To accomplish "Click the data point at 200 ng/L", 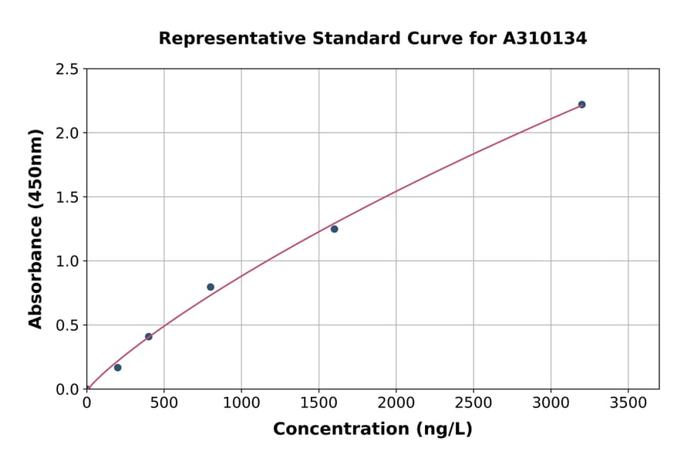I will tap(117, 368).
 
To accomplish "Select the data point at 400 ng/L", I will tap(149, 337).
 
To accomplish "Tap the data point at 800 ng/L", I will tap(211, 287).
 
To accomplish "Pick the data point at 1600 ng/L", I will tap(334, 229).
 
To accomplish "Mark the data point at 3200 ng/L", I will tap(581, 105).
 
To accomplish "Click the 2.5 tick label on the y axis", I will tap(68, 69).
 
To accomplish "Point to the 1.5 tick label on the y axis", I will tap(68, 197).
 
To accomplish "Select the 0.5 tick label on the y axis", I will tap(68, 325).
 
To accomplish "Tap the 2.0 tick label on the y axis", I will tap(68, 133).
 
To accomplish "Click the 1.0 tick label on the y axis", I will tap(68, 261).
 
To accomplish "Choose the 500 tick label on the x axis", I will tap(163, 403).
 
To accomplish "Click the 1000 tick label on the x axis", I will tap(241, 403).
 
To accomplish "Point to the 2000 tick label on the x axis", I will tap(396, 403).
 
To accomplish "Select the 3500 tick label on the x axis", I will tap(628, 403).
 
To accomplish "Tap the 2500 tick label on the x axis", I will tap(473, 403).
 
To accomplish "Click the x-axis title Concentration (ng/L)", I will tap(372, 429).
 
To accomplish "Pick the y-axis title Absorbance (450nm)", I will tap(35, 229).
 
